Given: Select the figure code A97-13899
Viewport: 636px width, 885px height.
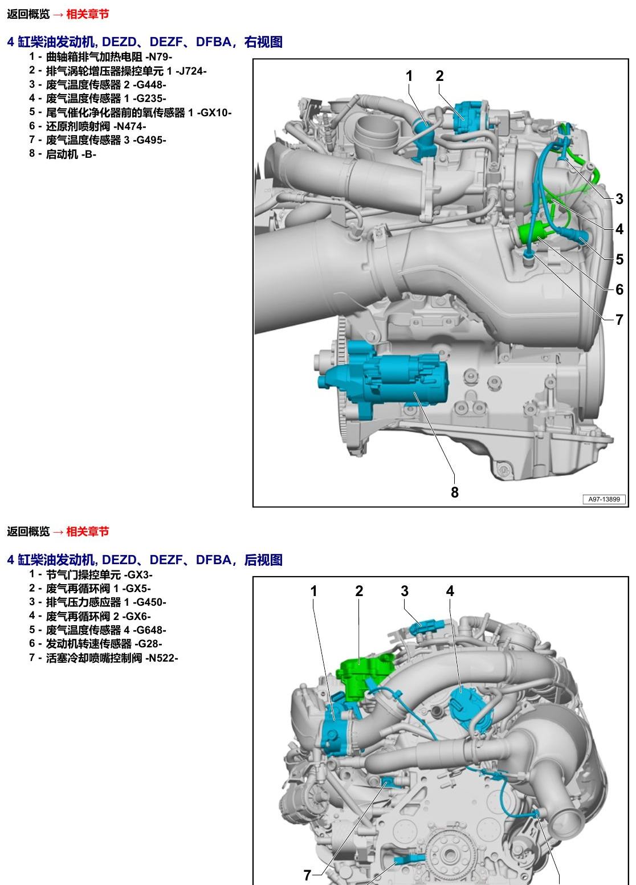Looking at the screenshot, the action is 604,499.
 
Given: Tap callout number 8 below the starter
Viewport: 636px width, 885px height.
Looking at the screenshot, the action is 455,492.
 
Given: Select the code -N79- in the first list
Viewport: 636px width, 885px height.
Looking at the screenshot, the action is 159,57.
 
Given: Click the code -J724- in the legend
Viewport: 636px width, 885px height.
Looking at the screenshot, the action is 191,71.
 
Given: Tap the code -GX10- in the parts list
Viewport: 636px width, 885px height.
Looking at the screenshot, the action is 214,113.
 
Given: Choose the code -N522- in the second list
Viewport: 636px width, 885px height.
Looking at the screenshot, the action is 162,658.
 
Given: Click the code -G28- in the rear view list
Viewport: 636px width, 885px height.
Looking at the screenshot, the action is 149,643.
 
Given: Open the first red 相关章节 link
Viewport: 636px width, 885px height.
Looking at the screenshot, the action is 87,14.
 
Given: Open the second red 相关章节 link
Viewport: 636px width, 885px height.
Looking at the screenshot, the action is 87,531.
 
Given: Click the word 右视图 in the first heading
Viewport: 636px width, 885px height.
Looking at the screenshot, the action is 263,42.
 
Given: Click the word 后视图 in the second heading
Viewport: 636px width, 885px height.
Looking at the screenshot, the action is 263,560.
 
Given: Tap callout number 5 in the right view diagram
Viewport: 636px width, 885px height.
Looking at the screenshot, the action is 619,259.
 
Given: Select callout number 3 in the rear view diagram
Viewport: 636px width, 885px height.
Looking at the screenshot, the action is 405,591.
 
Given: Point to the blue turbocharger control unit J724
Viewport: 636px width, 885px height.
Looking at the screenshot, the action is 470,117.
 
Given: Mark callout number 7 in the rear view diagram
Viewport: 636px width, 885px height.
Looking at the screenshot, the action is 307,875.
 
